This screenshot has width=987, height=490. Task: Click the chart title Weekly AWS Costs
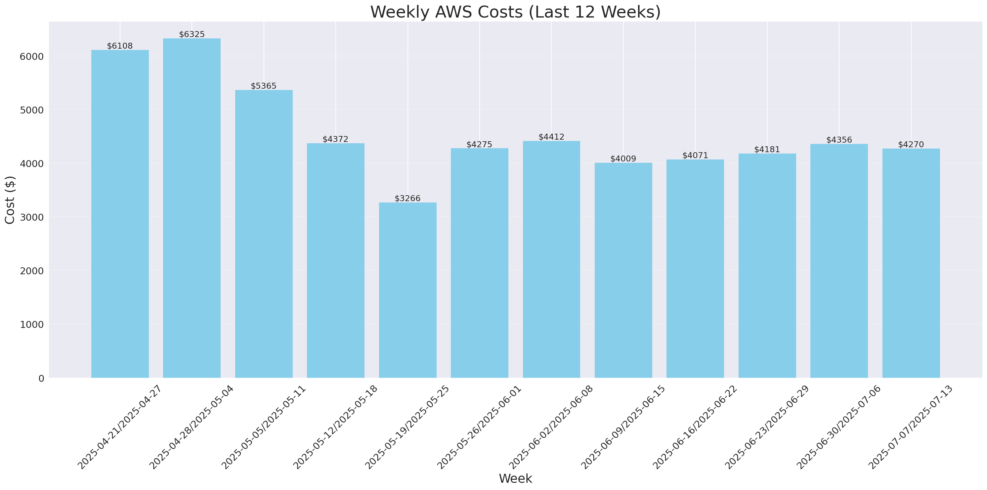(x=515, y=12)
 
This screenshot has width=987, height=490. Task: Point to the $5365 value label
(x=264, y=86)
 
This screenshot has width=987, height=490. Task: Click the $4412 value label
(x=551, y=137)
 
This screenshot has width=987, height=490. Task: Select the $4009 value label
(x=623, y=158)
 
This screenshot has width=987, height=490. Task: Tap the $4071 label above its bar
(x=695, y=155)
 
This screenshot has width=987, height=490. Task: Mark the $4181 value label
(x=767, y=150)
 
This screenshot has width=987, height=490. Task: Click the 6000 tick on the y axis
(x=31, y=56)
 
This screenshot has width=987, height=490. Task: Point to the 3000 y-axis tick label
(x=31, y=217)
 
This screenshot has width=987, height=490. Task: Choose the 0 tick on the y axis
(x=41, y=378)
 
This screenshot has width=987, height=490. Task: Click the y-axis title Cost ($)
(x=10, y=200)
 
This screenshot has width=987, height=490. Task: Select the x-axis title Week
(x=515, y=478)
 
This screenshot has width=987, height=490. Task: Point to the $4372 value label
(x=335, y=139)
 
